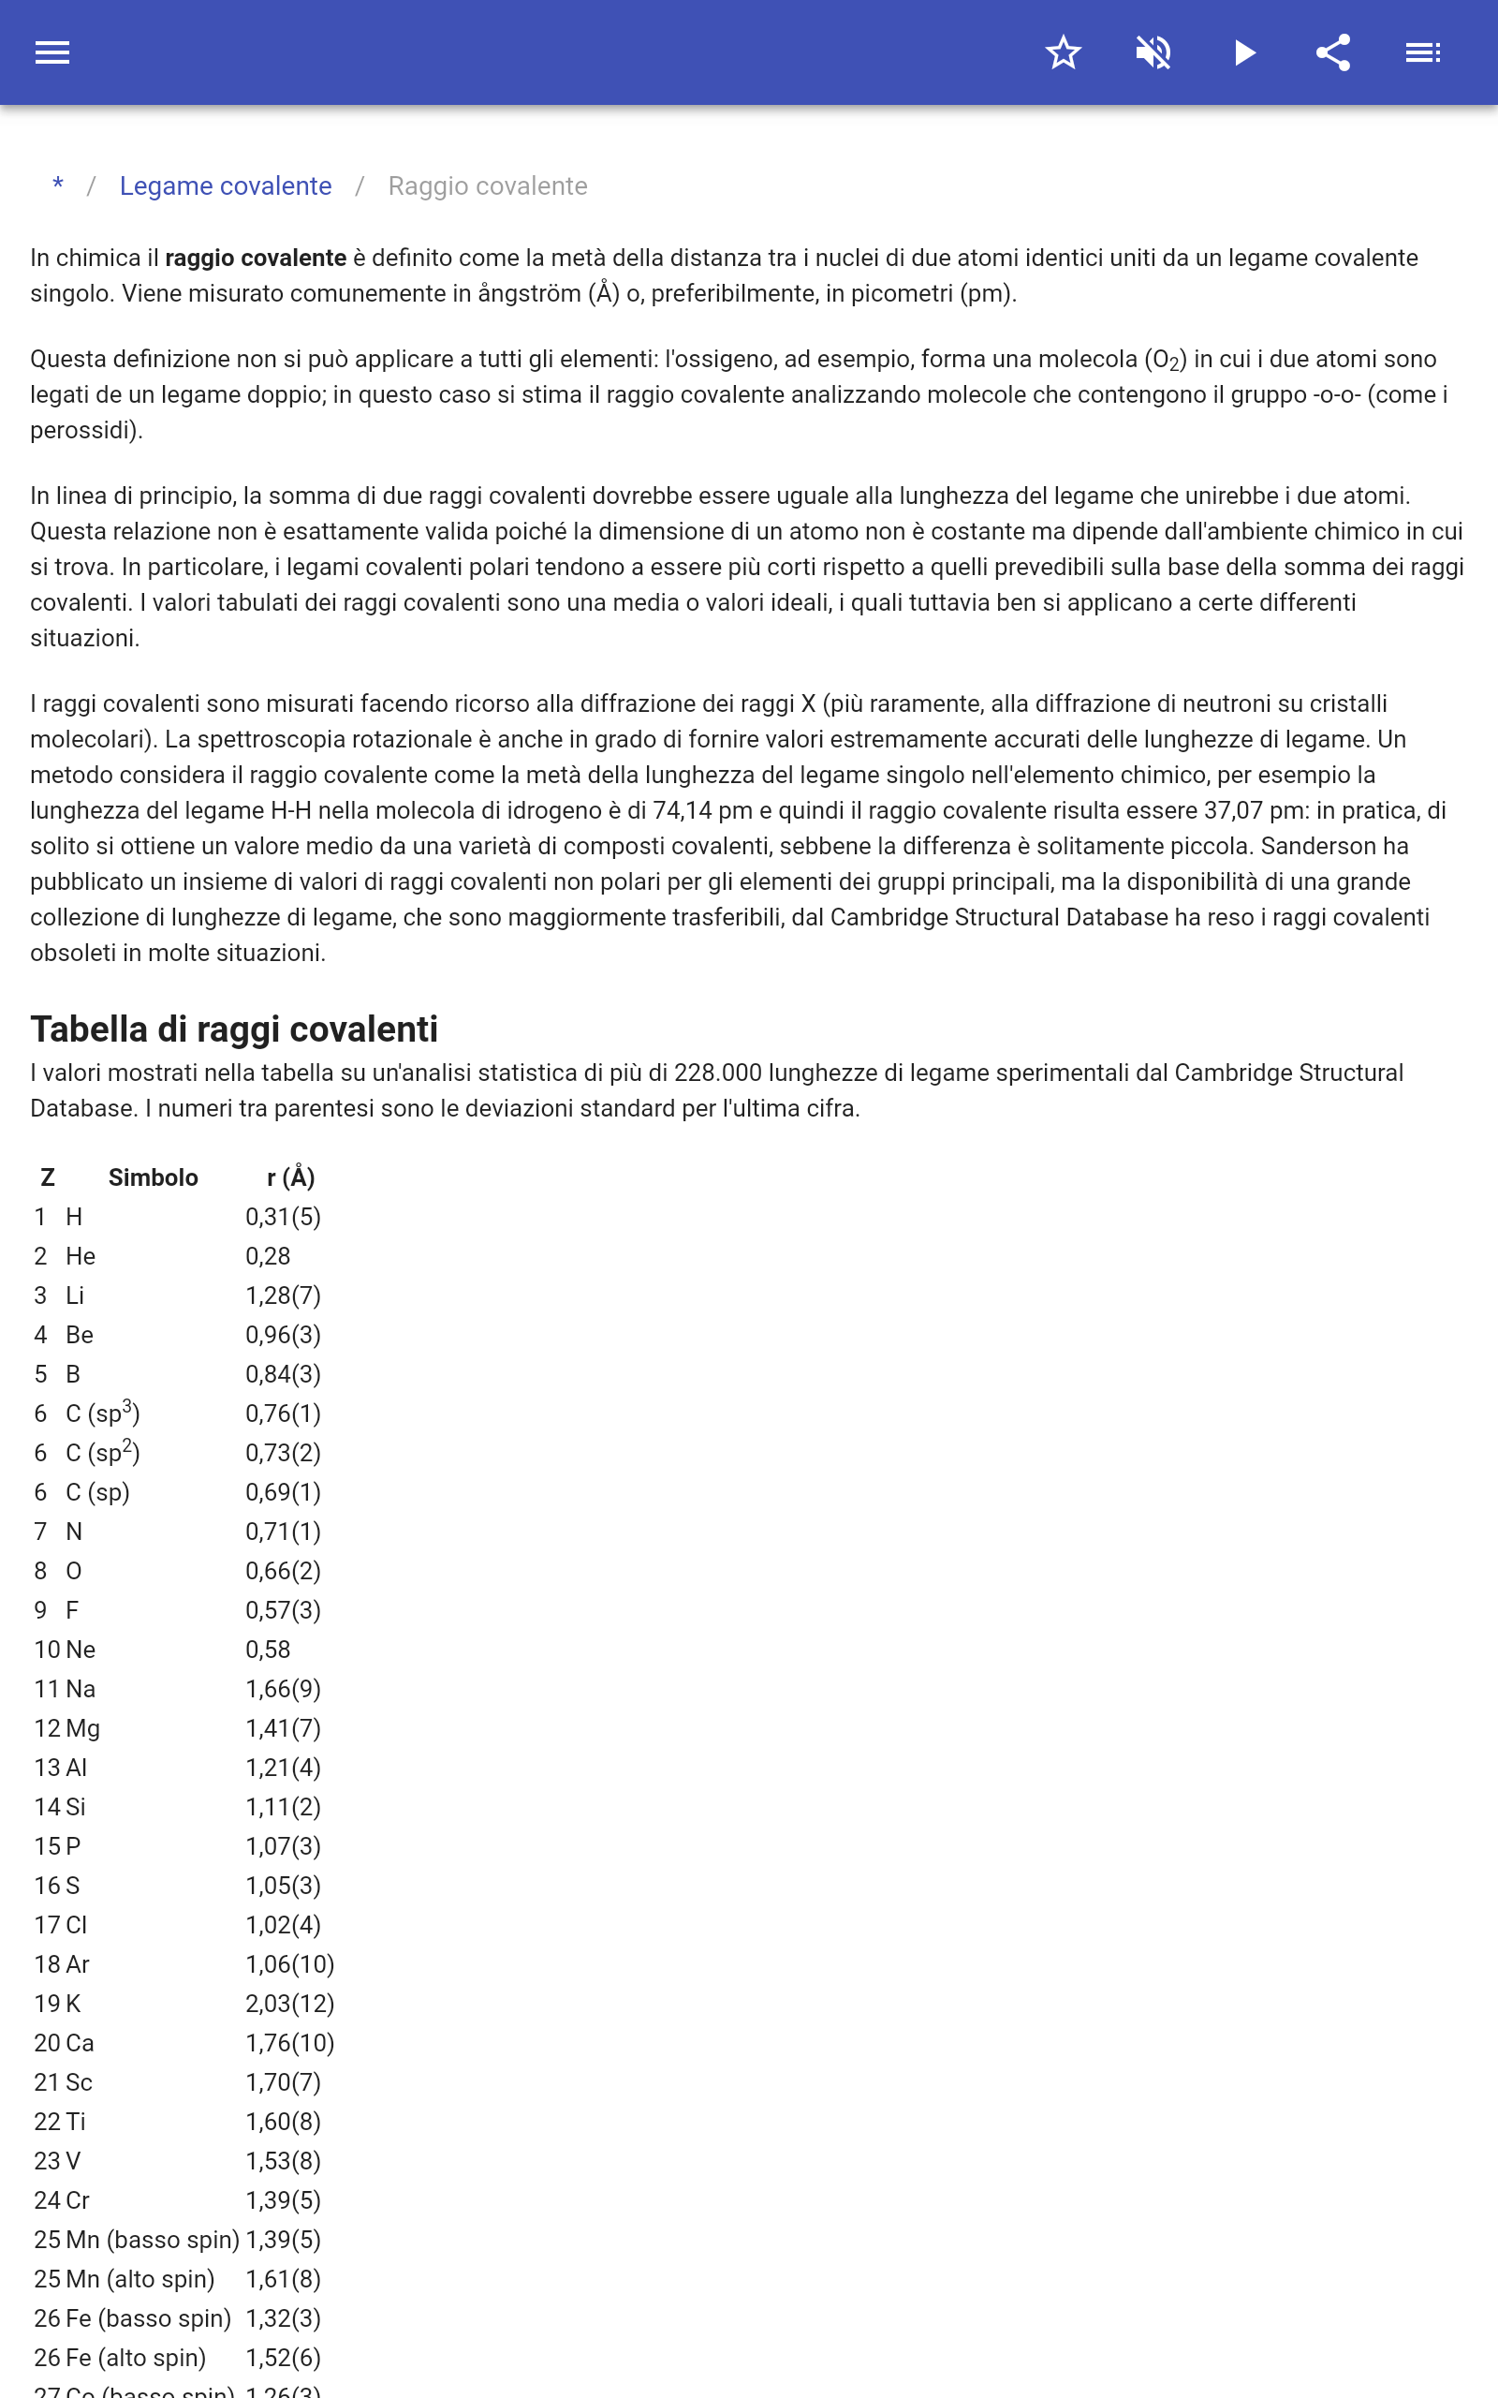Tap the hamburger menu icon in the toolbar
coord(52,52)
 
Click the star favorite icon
coord(1063,52)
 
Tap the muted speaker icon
coord(1153,52)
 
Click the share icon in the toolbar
coord(1333,52)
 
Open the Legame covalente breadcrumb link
coord(225,186)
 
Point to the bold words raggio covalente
coord(256,259)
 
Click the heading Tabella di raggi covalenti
coord(234,1029)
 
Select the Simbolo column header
coord(153,1178)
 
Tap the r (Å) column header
coord(290,1178)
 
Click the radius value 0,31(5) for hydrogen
coord(284,1217)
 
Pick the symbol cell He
coord(81,1256)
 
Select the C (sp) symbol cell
coord(97,1492)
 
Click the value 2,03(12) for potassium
coord(289,2004)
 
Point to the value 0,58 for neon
coord(268,1650)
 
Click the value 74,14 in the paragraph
coord(683,810)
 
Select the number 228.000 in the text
coord(717,1073)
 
